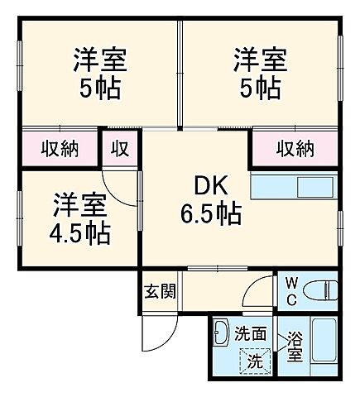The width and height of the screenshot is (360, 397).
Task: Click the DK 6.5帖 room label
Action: tap(210, 200)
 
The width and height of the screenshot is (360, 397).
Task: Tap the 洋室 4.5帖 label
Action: tap(79, 218)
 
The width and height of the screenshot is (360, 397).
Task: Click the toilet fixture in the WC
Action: tap(321, 290)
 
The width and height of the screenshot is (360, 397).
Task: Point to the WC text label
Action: tap(291, 290)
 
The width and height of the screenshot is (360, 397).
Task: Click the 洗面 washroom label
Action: tap(249, 335)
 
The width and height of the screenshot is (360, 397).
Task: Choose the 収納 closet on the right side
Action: tap(295, 149)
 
